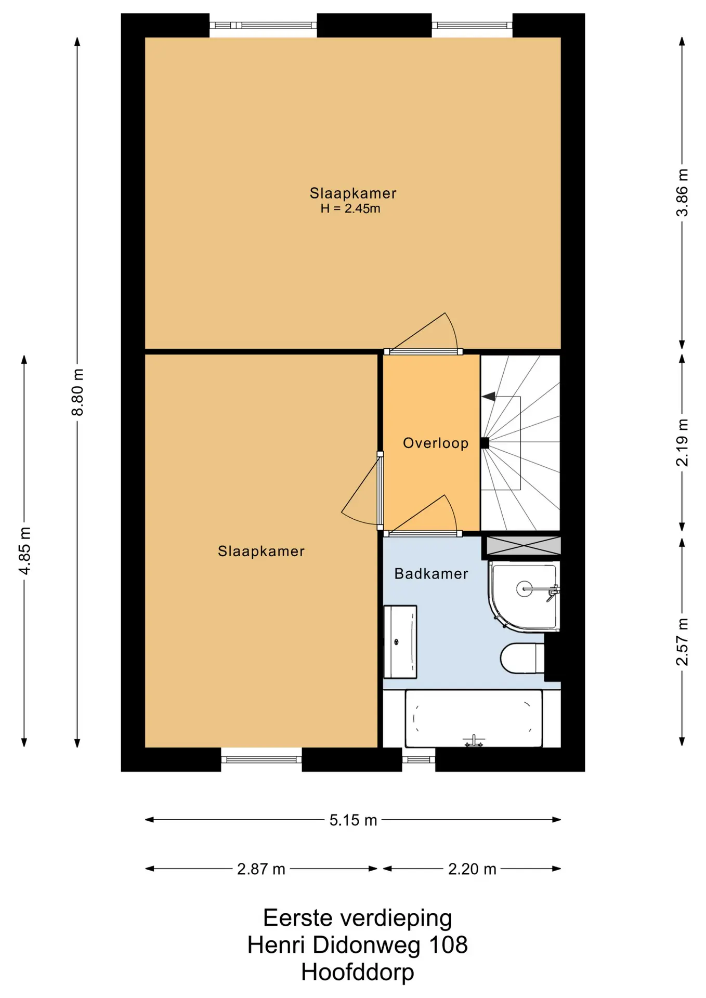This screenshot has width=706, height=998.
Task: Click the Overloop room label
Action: (436, 443)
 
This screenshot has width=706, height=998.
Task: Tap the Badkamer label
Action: (431, 574)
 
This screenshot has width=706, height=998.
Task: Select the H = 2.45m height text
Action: (350, 209)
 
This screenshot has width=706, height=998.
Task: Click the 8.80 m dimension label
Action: (77, 392)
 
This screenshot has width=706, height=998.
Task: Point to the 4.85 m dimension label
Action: (24, 550)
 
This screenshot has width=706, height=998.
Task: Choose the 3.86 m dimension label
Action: (682, 192)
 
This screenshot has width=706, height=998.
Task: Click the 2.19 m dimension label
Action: (682, 442)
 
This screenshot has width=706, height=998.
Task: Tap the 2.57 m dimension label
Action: (682, 641)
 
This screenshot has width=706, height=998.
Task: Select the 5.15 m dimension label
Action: (353, 820)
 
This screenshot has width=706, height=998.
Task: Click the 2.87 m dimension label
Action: (261, 869)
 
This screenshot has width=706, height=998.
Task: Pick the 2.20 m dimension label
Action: (472, 869)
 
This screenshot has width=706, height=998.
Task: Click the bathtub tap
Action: (474, 741)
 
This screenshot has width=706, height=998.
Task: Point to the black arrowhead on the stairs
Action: (488, 397)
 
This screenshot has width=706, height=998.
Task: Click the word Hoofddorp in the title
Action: (358, 972)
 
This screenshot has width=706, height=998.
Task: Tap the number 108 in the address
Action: (448, 945)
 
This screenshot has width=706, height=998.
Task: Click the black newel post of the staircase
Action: (485, 443)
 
